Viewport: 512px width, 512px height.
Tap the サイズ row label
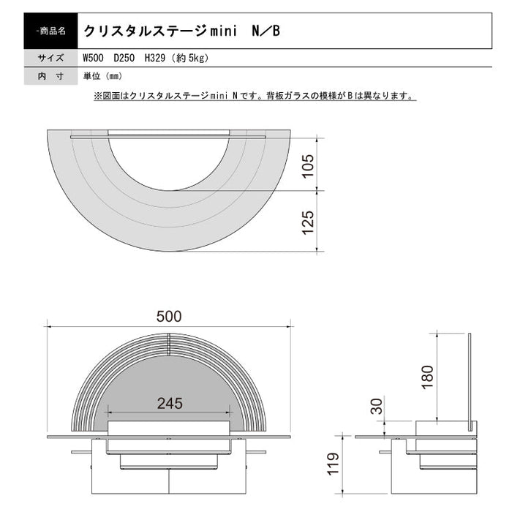(50, 59)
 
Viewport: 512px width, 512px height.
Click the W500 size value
(93, 59)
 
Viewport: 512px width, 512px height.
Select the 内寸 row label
(50, 76)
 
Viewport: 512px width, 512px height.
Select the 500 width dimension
(169, 316)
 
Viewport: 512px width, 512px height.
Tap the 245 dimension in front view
(169, 403)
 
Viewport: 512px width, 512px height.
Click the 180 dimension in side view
(429, 374)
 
